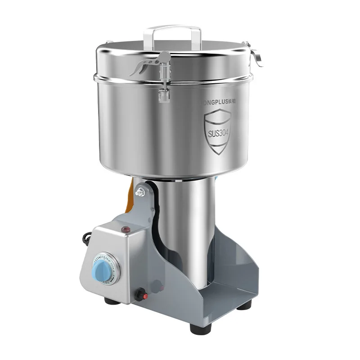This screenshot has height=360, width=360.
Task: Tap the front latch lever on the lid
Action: pos(146,63)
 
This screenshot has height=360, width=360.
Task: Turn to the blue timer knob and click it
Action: pos(99,271)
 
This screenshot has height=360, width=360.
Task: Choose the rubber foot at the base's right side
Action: pos(244,305)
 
